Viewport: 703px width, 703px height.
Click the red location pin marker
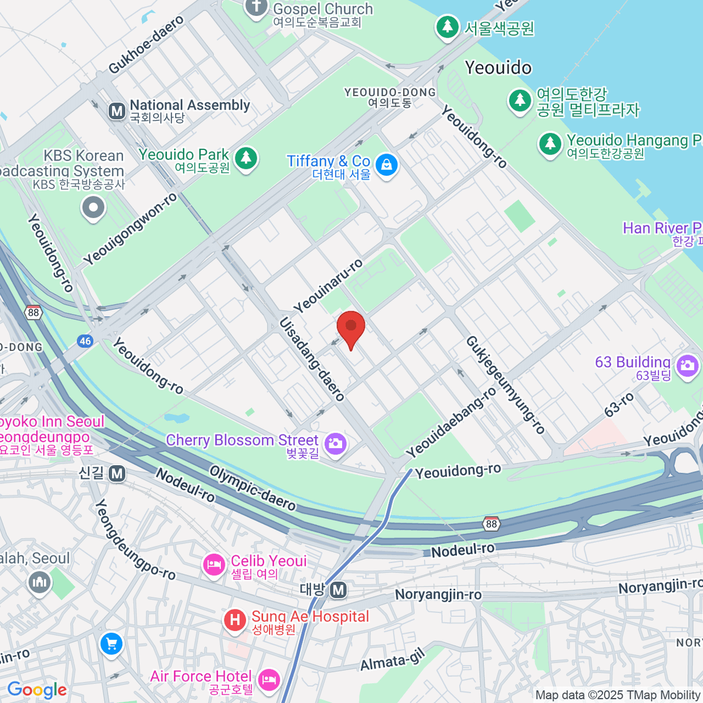click(351, 328)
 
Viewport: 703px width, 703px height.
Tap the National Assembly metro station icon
click(117, 111)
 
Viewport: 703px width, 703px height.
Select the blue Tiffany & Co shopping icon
click(387, 165)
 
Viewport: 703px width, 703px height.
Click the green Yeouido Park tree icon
click(246, 158)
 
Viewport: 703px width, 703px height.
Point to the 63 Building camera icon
click(687, 367)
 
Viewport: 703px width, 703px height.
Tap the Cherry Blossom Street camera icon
click(336, 443)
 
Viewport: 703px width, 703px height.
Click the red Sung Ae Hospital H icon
click(235, 620)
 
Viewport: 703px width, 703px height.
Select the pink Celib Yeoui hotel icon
click(214, 565)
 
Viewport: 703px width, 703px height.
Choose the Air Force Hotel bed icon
click(269, 680)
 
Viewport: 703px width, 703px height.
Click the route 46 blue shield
click(86, 341)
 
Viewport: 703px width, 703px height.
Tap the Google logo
click(37, 690)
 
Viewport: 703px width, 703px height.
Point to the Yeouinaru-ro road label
click(328, 286)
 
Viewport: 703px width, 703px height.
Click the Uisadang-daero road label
click(312, 359)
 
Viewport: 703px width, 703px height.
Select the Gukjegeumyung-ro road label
click(506, 385)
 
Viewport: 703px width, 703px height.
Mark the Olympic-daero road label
click(252, 487)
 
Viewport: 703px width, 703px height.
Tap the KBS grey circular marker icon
click(93, 207)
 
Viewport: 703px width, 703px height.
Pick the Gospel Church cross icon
click(255, 8)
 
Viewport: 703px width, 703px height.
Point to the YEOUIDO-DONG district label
click(390, 97)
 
